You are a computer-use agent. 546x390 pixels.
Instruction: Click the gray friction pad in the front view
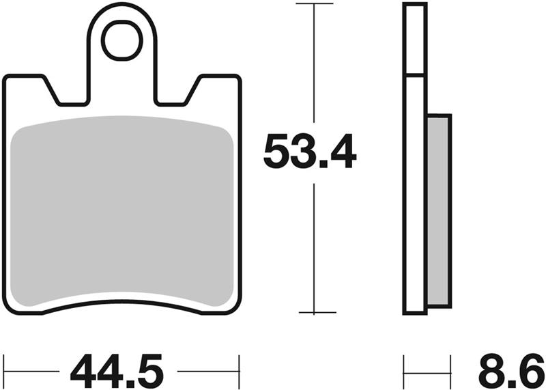pyautogui.click(x=123, y=212)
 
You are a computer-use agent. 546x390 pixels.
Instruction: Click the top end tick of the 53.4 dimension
pyautogui.click(x=313, y=4)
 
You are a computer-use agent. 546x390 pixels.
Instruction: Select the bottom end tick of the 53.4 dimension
pyautogui.click(x=313, y=313)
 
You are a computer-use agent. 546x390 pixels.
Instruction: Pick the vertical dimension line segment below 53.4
pyautogui.click(x=313, y=246)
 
